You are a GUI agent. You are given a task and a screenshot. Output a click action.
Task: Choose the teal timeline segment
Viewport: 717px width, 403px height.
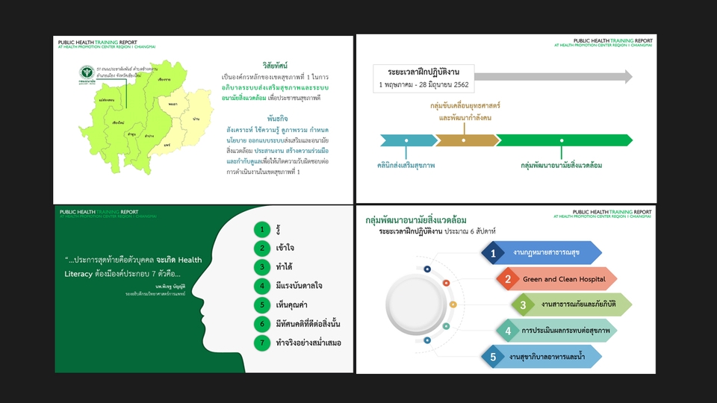click(x=408, y=140)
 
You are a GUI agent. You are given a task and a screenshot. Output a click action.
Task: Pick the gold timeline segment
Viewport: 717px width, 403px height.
click(x=465, y=140)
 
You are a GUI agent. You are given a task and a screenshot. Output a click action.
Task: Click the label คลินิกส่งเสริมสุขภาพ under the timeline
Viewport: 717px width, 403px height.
click(x=406, y=164)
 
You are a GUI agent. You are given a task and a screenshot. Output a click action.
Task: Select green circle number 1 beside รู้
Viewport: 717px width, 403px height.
click(x=261, y=228)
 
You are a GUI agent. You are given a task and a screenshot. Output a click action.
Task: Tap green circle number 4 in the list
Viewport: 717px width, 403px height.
click(x=261, y=286)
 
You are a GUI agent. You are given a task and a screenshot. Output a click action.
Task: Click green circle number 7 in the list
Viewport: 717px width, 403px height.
click(x=261, y=343)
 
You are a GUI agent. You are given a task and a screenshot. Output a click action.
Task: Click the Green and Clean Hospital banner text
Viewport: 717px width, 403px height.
click(x=553, y=280)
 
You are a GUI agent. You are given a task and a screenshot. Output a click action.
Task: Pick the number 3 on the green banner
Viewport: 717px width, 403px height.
click(x=523, y=304)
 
